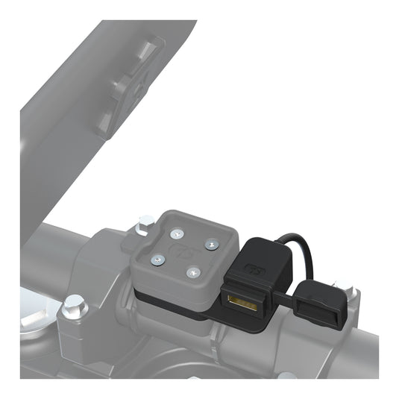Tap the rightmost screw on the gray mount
pos(211,244)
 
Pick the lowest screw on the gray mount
pos(192,272)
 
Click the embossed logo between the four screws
pos(183,251)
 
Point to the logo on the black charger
pos(250,269)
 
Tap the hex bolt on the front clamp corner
pos(73,305)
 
